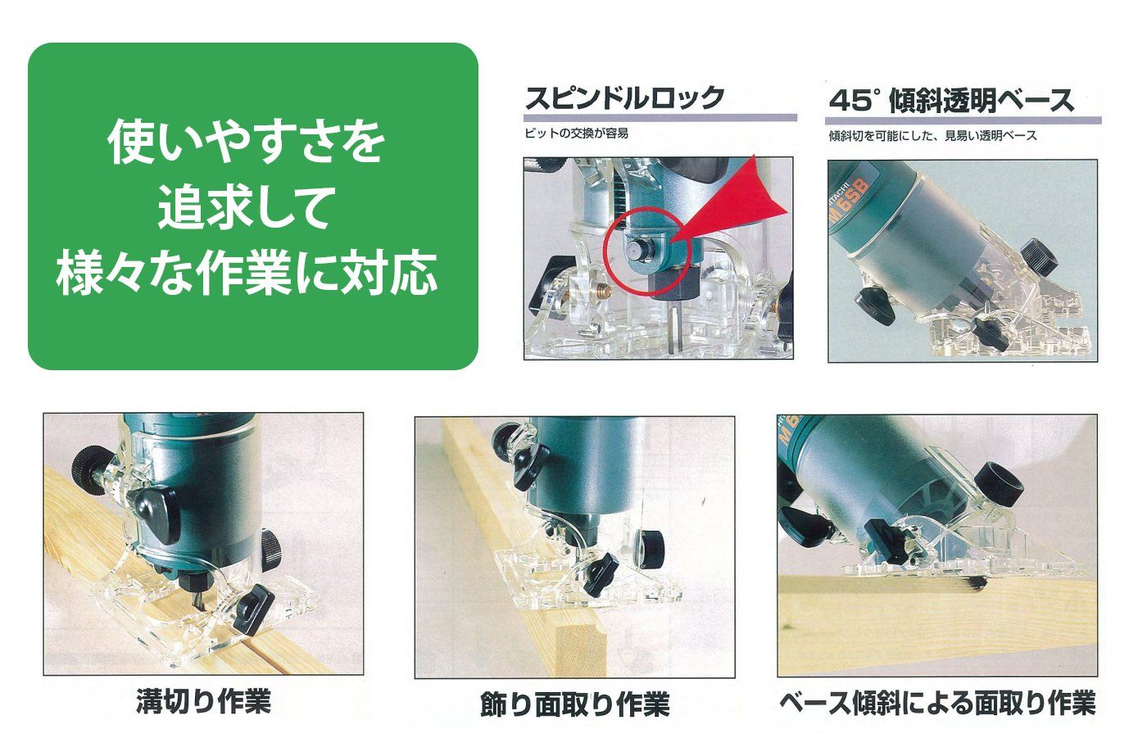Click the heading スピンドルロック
(x=624, y=98)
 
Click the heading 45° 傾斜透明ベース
(x=950, y=101)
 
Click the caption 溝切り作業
(x=202, y=701)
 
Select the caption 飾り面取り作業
(x=574, y=704)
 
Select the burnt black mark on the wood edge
(x=974, y=584)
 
